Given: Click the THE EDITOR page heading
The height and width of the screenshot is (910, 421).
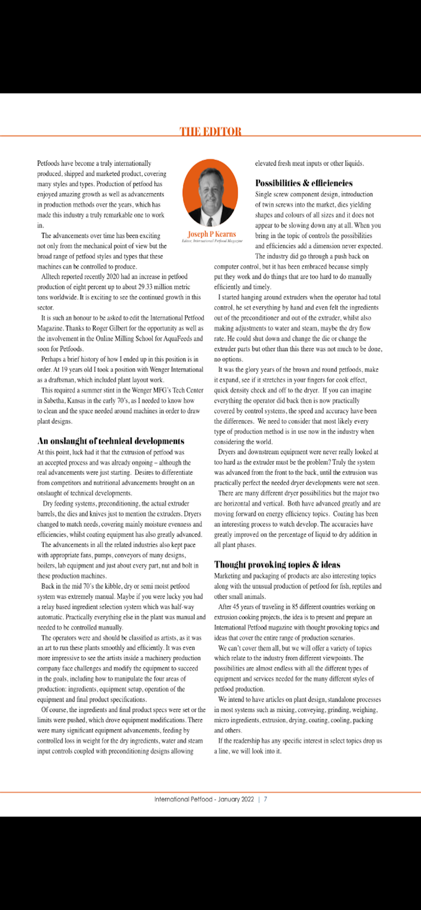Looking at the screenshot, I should [210, 132].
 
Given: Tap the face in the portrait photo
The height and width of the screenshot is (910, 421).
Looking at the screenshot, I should [210, 188].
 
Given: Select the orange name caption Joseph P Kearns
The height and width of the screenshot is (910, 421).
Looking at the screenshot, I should [212, 234].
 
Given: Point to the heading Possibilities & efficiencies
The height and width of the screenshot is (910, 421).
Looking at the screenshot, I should [303, 183].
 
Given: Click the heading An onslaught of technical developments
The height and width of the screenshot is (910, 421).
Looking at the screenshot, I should [111, 441].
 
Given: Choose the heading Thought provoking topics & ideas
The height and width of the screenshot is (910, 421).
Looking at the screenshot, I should [277, 565].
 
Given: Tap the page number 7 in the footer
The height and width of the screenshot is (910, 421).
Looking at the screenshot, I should [266, 799].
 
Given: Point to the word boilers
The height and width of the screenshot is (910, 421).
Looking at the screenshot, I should [46, 566].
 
